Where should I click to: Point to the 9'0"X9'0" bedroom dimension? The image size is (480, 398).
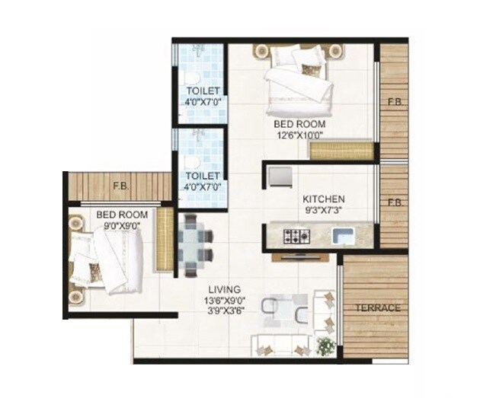(x=122, y=226)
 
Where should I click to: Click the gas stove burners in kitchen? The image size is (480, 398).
(x=295, y=236)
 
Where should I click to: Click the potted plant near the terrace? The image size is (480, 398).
(x=326, y=346)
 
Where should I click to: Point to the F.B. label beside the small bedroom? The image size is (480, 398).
(x=120, y=186)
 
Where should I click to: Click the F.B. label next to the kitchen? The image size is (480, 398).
(x=394, y=204)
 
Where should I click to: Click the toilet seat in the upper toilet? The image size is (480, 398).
(x=191, y=78)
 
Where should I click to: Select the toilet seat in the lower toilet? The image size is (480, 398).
(x=191, y=163)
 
